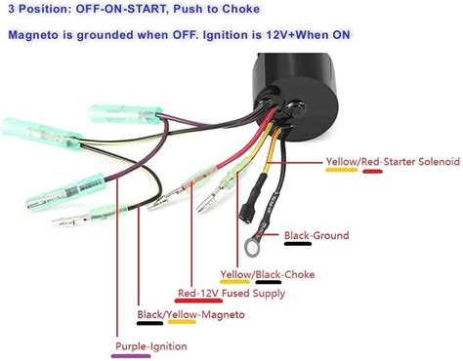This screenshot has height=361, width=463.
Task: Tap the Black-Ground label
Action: tap(316, 235)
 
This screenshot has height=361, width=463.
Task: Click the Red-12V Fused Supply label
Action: tap(231, 293)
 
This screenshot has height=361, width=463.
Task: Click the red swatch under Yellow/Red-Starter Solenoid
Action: tap(373, 171)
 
